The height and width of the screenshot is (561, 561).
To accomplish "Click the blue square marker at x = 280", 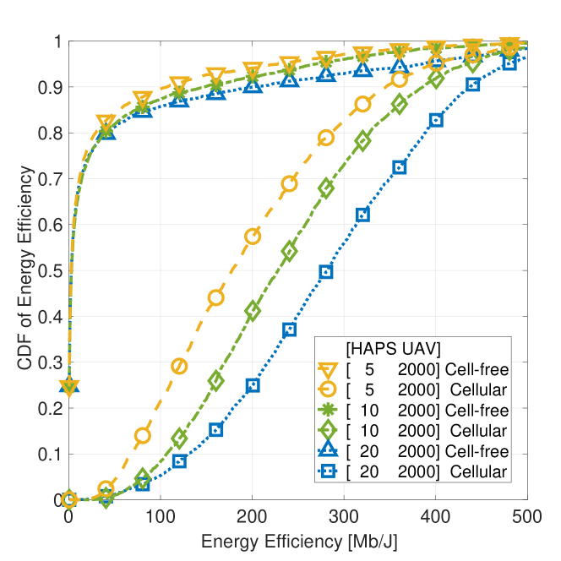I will tap(326, 272).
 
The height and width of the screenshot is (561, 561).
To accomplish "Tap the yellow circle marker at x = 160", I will tap(215, 297).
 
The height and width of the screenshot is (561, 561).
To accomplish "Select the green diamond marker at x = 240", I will tap(289, 252).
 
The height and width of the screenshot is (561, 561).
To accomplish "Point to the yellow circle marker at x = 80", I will tap(142, 436).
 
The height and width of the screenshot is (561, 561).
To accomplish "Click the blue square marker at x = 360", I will tap(400, 167).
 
